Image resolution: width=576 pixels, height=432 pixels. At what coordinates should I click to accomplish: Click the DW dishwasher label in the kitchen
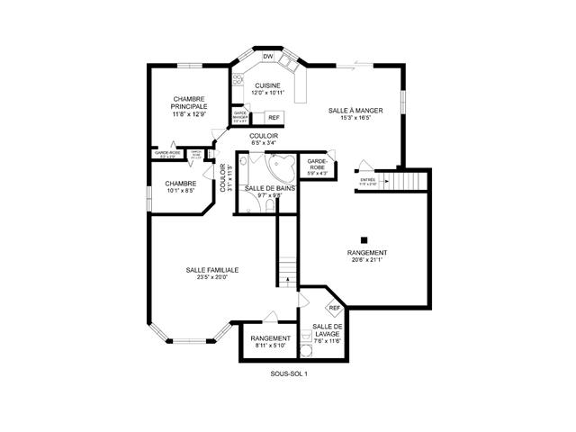[267, 57]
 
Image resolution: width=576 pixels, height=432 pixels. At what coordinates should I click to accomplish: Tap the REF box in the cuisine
[274, 117]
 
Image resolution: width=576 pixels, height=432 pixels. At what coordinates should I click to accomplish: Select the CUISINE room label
[268, 85]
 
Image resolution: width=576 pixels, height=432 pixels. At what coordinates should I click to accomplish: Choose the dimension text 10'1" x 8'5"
[180, 190]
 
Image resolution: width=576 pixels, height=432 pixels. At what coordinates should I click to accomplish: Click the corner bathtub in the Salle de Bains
[284, 166]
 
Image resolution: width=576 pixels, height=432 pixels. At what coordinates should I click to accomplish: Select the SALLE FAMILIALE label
[212, 269]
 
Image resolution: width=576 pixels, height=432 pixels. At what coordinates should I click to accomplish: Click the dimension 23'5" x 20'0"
[212, 277]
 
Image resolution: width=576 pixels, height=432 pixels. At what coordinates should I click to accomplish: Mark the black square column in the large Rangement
[363, 238]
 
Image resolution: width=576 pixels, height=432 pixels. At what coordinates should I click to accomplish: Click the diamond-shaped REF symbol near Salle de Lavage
[334, 308]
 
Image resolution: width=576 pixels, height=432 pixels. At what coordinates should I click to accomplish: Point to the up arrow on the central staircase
[286, 282]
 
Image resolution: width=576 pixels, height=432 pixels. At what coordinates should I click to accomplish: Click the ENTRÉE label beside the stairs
[367, 179]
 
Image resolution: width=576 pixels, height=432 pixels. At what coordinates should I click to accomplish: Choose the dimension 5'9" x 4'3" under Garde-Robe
[317, 173]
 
